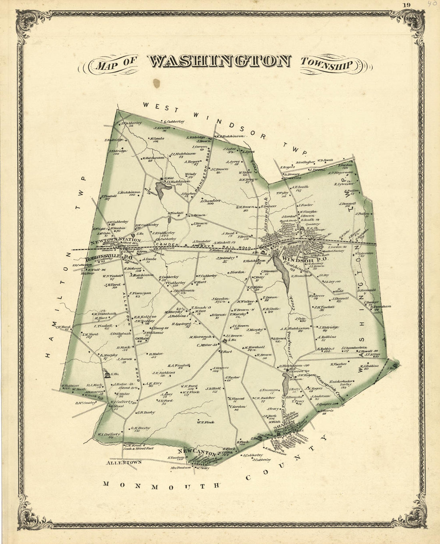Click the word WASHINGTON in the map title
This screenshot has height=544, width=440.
(x=219, y=62)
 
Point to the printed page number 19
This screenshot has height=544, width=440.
(x=407, y=5)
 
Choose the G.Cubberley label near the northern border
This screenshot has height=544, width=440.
(x=172, y=121)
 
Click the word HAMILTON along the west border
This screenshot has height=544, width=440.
(x=60, y=304)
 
